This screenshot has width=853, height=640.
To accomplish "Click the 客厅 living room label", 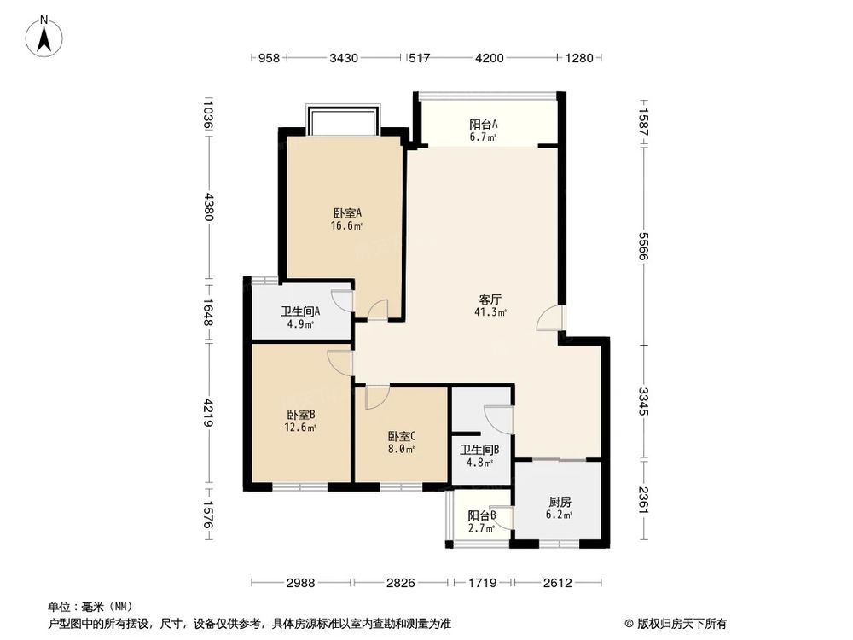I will [x=490, y=300].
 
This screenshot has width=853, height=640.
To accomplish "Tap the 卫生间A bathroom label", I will [x=299, y=311].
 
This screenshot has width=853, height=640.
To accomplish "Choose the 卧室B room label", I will [x=300, y=414].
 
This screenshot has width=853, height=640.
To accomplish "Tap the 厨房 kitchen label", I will [x=560, y=502].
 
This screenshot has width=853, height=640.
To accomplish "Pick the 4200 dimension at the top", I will [x=489, y=58].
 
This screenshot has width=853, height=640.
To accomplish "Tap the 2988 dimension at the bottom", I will [x=301, y=584].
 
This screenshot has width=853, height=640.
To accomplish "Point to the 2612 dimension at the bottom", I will [x=558, y=584].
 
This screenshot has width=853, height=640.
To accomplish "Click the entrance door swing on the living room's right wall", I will [x=550, y=318].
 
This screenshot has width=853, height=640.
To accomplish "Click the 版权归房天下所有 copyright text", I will [x=675, y=623].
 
